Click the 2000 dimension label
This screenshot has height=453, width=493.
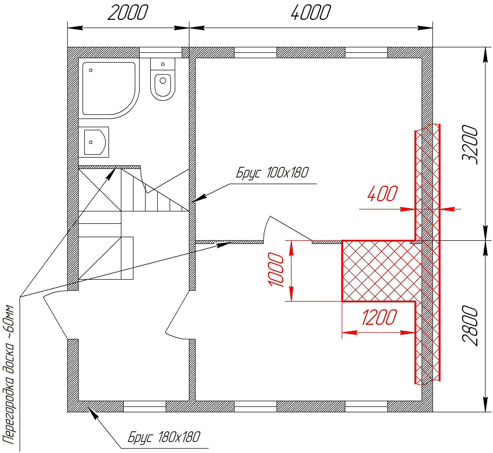click(x=128, y=12)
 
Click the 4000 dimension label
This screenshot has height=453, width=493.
click(x=311, y=12)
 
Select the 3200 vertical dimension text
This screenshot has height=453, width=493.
click(x=470, y=145)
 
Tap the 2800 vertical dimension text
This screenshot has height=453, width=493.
click(x=470, y=326)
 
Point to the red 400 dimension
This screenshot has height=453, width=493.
click(x=383, y=194)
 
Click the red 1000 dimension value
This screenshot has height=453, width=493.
click(x=276, y=270)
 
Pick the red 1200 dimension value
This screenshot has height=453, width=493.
click(x=379, y=317)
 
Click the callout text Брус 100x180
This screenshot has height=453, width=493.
click(x=272, y=173)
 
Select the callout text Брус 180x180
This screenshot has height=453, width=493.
click(x=164, y=437)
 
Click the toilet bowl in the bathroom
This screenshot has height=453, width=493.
click(x=163, y=85)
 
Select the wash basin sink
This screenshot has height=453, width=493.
click(x=94, y=142)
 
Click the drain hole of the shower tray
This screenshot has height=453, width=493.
click(x=91, y=70)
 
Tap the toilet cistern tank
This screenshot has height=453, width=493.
click(x=163, y=64)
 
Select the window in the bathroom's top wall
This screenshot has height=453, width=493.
click(x=161, y=53)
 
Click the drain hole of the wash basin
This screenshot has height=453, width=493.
click(x=91, y=142)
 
